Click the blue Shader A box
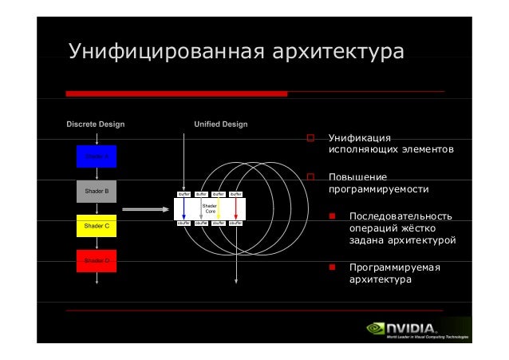(x=97, y=157)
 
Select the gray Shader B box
(x=97, y=192)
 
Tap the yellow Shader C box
(x=97, y=227)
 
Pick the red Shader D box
(x=97, y=261)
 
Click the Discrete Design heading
(x=95, y=125)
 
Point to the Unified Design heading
(x=221, y=125)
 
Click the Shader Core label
(x=211, y=208)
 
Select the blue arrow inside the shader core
(x=183, y=208)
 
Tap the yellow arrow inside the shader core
(x=219, y=208)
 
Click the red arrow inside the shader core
(x=236, y=208)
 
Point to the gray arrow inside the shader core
(x=200, y=208)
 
